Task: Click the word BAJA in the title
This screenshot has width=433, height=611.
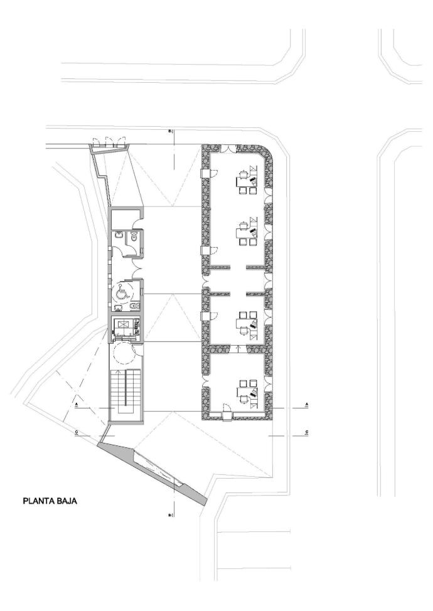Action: [67, 501]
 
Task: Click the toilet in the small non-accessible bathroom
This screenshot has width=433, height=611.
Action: [134, 237]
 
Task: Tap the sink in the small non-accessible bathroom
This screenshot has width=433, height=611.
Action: [119, 235]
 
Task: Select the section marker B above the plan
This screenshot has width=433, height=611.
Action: [170, 131]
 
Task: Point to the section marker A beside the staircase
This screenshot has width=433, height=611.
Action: [77, 404]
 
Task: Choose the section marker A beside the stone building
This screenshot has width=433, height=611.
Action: [307, 404]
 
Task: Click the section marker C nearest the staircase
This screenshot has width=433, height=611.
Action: [77, 432]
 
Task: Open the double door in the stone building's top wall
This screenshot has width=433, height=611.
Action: [228, 149]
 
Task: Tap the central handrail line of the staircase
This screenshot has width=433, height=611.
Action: [125, 388]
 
